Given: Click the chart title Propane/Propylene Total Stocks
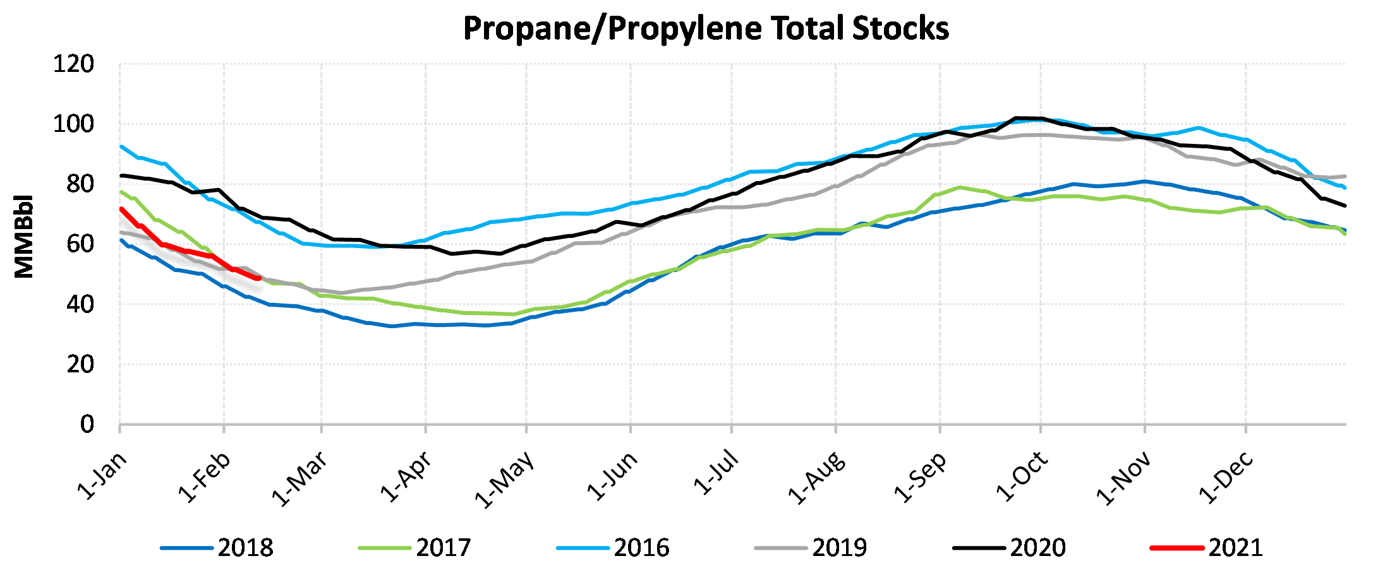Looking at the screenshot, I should coord(706,28).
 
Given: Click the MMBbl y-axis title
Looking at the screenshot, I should coord(24,236).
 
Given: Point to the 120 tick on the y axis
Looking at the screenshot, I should coord(73,64).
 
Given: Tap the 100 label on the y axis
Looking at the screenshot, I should coord(73,124).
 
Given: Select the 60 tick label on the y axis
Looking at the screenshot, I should coord(80,244).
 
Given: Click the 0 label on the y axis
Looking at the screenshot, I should coord(87,424).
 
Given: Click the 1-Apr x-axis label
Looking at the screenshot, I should coord(406,476).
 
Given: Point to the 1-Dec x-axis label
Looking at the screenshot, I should coord(1226,478).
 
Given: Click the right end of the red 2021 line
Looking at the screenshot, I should coord(258,278).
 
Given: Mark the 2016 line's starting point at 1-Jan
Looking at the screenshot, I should coord(121,146).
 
